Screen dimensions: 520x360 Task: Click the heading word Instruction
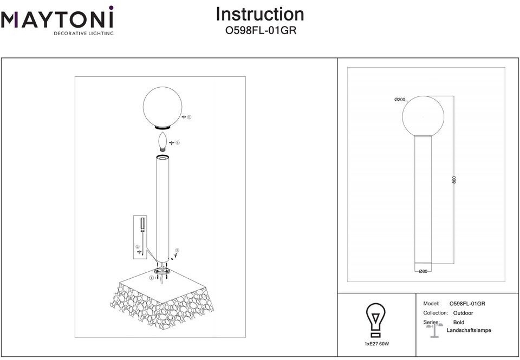click(260, 14)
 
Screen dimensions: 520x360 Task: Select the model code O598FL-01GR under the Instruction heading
click(261, 30)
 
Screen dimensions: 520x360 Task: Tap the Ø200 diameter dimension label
click(400, 100)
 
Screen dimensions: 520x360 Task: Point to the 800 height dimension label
click(454, 180)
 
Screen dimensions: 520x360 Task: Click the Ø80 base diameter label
click(423, 271)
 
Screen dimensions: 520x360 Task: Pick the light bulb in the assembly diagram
click(162, 142)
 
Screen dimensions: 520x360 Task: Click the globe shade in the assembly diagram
click(162, 108)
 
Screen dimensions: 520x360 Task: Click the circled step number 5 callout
click(189, 117)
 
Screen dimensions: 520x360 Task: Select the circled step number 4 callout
click(178, 143)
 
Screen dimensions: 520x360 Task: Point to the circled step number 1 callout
click(152, 278)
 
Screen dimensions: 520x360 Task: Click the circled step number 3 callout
click(177, 250)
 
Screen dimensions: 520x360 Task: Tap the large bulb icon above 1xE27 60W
click(376, 320)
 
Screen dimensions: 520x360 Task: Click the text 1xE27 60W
click(377, 344)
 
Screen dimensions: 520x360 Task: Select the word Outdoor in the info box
click(463, 313)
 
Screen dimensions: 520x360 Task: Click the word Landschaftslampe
click(469, 330)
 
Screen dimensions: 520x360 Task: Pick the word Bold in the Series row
click(459, 322)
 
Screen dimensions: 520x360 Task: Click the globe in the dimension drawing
click(423, 116)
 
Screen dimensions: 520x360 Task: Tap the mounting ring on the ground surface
click(162, 272)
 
